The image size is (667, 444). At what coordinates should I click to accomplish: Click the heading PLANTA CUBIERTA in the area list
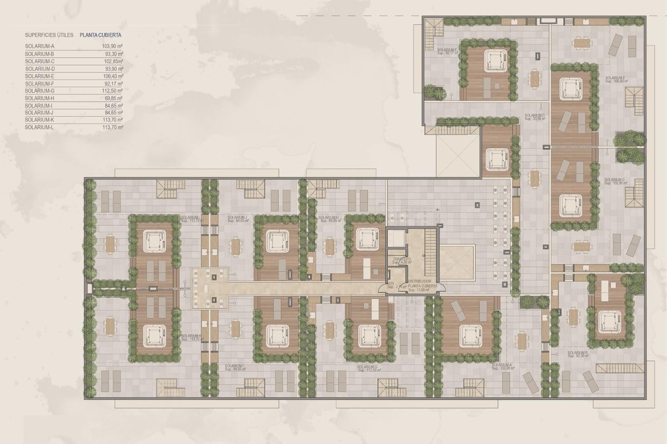tap(101, 34)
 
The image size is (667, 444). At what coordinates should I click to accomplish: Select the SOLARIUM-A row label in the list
tap(39, 46)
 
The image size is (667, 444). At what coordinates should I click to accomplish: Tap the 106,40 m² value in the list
tap(112, 76)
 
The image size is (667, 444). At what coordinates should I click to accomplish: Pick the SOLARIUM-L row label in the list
tap(39, 127)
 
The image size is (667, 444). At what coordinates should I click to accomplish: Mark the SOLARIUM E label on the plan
tap(616, 78)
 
